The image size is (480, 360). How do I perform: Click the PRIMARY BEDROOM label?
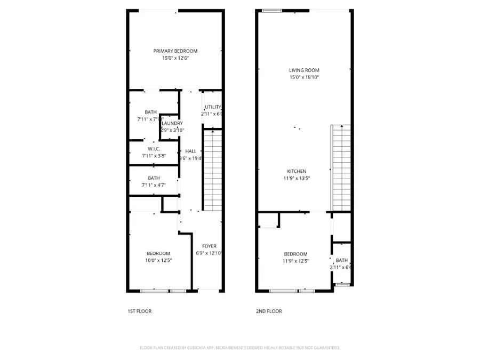tap(175, 51)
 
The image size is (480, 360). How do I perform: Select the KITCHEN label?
tap(296, 171)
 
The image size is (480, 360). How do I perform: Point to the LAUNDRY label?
tap(172, 123)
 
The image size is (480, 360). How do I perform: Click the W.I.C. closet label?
tap(154, 148)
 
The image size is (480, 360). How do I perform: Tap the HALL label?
tap(191, 151)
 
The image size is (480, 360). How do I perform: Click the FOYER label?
tap(209, 246)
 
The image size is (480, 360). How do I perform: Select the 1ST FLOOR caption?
tap(140, 311)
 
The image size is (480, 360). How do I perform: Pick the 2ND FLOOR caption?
tap(269, 311)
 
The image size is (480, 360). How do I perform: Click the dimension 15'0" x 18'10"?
tap(304, 77)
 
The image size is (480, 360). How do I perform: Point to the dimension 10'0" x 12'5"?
tap(159, 260)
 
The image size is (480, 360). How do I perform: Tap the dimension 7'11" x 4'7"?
tap(154, 185)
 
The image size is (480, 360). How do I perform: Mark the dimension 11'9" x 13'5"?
tap(296, 179)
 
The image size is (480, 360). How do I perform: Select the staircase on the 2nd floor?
tap(341, 167)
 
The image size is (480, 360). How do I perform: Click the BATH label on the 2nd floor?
tap(341, 260)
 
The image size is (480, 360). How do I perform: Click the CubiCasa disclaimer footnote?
tap(239, 348)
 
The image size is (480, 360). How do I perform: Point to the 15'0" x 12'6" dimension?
tap(175, 58)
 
